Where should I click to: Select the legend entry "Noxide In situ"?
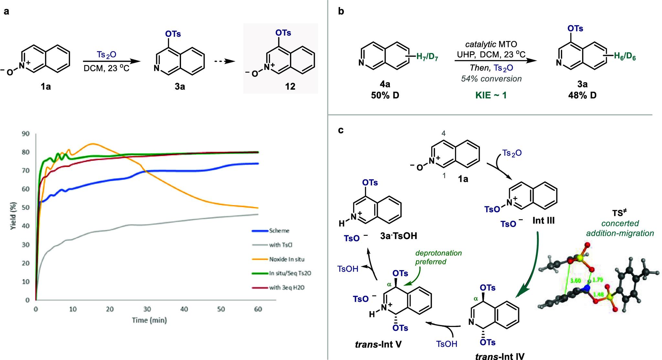(x=286, y=259)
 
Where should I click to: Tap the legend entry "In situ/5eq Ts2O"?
(x=290, y=273)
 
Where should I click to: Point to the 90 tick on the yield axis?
(x=25, y=134)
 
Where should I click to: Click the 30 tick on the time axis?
(x=147, y=309)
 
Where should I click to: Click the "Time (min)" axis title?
(x=149, y=320)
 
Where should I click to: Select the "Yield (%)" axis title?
(x=13, y=216)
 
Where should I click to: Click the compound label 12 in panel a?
(x=290, y=86)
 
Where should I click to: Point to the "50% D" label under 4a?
(x=385, y=95)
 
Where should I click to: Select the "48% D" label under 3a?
(x=582, y=95)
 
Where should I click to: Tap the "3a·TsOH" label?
(x=398, y=236)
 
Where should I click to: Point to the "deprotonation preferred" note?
(x=438, y=257)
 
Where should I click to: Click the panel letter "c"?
(x=341, y=130)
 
